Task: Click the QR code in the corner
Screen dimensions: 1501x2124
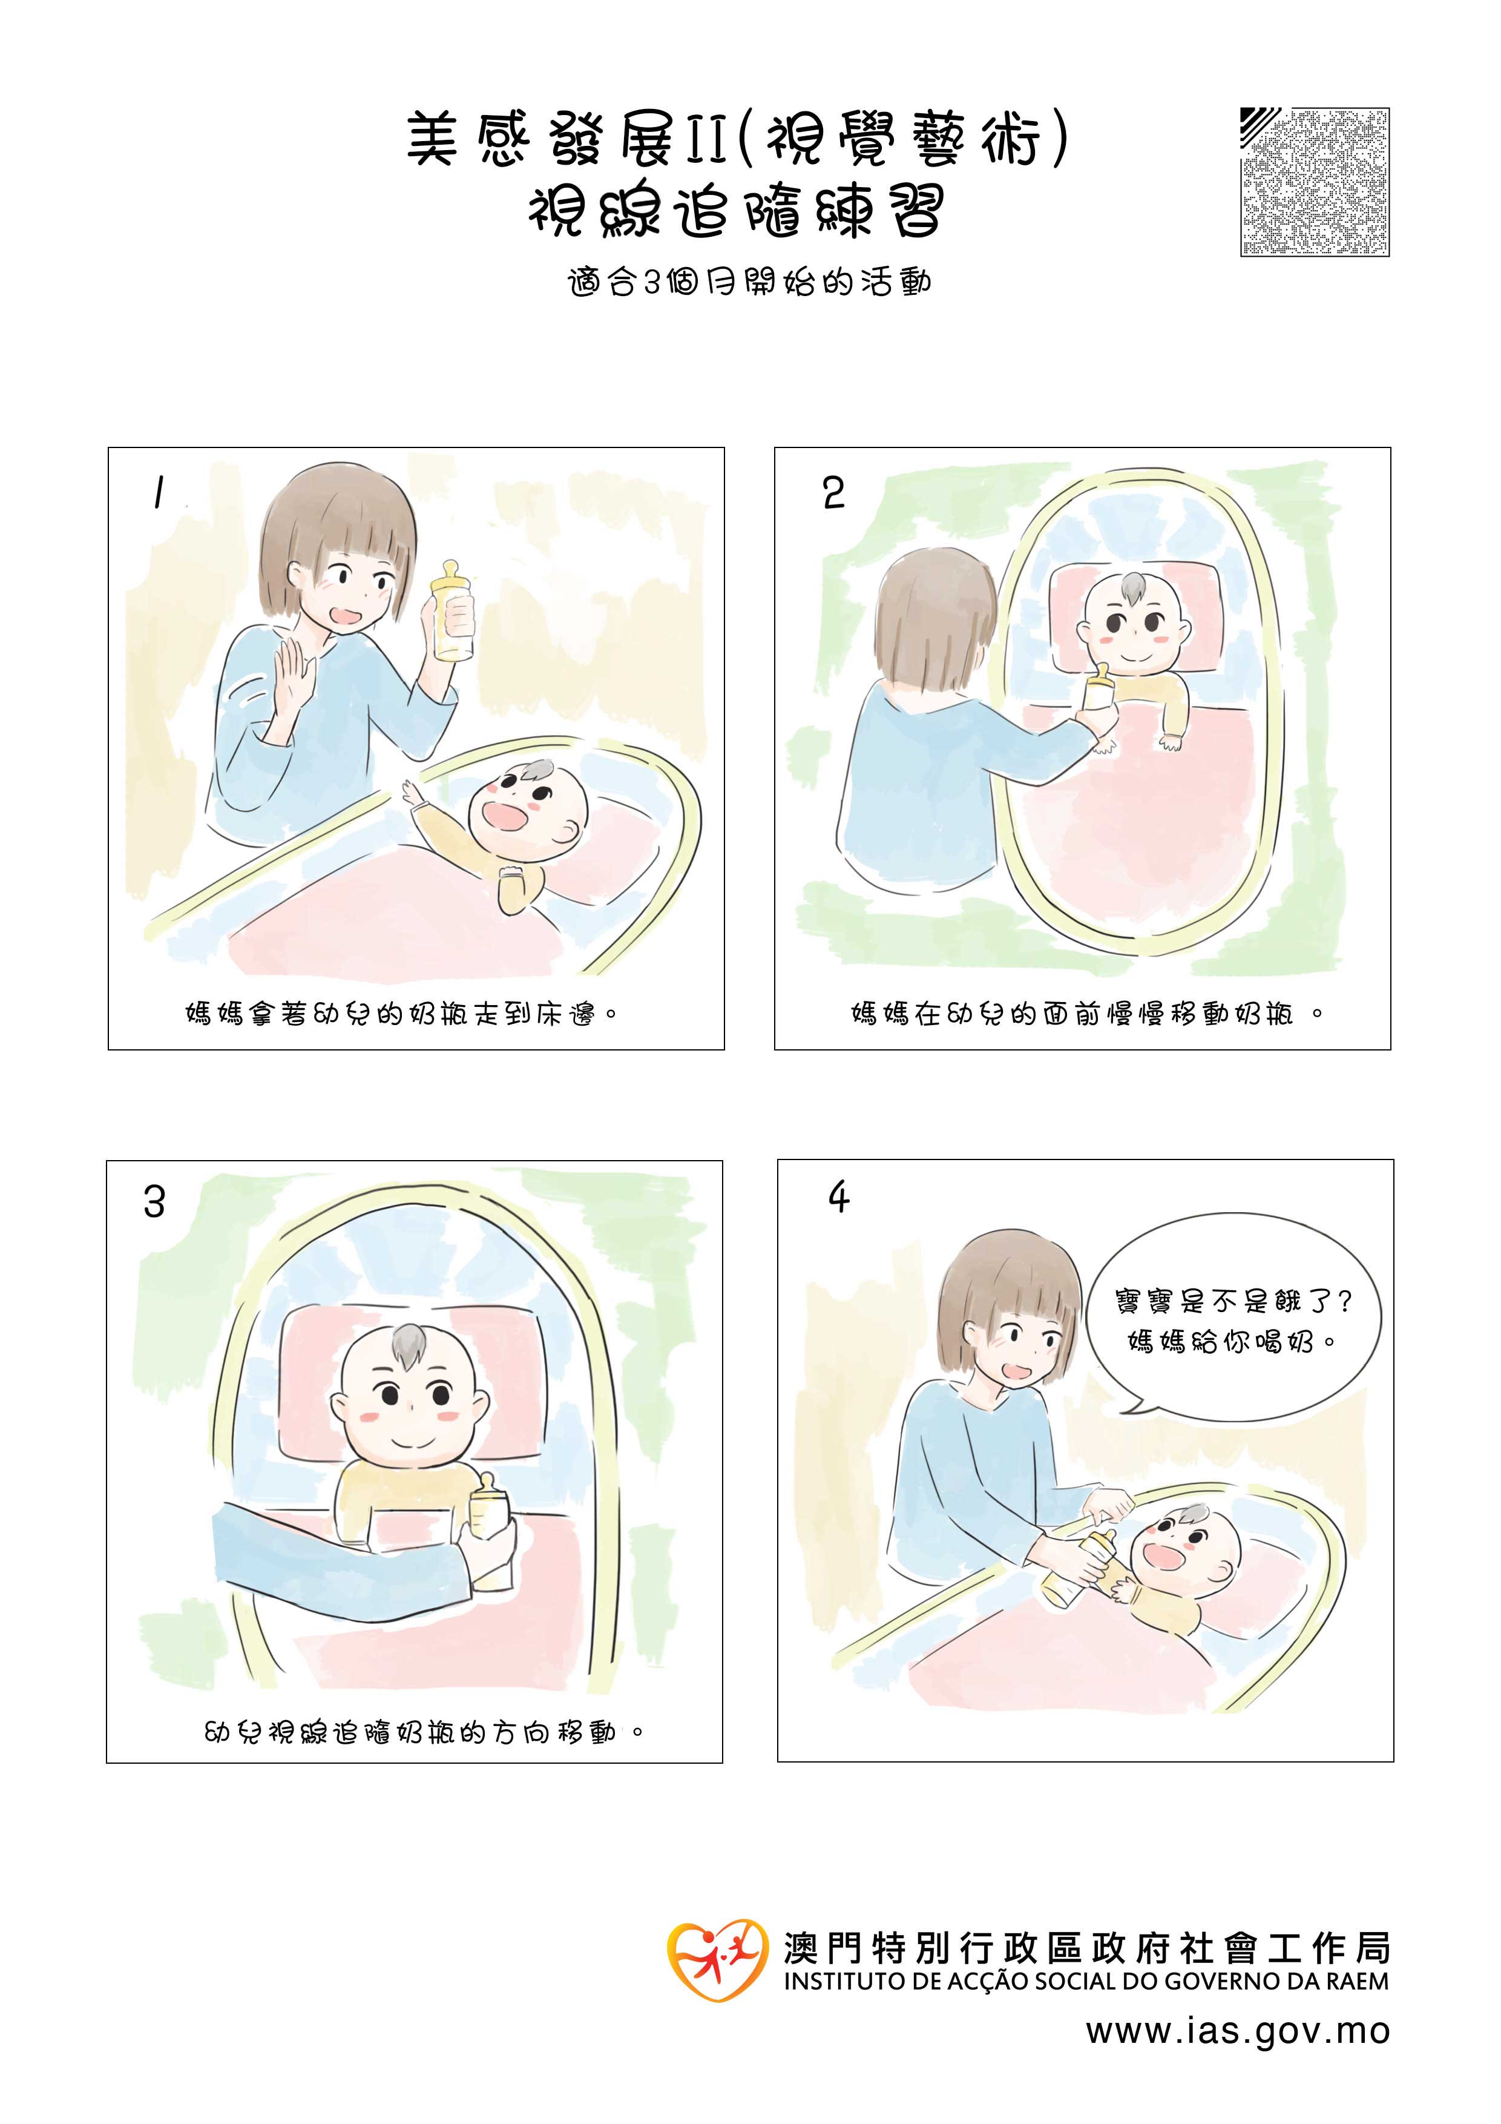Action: [1314, 182]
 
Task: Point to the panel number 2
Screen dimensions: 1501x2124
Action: [833, 493]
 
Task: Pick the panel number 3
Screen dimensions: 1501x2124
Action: [154, 1202]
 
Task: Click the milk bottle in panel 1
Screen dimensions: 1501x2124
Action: [452, 612]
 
